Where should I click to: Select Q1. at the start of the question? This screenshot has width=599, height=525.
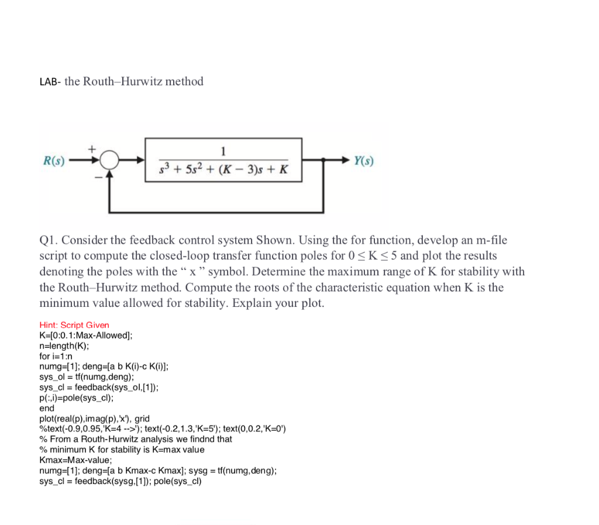(x=48, y=240)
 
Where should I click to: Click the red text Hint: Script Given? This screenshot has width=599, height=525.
(x=74, y=325)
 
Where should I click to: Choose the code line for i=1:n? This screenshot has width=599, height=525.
(x=56, y=356)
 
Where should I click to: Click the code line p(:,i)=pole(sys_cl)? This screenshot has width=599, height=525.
(x=77, y=398)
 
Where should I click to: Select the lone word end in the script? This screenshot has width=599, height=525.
(x=47, y=408)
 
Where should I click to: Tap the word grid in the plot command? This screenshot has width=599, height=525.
(x=142, y=419)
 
